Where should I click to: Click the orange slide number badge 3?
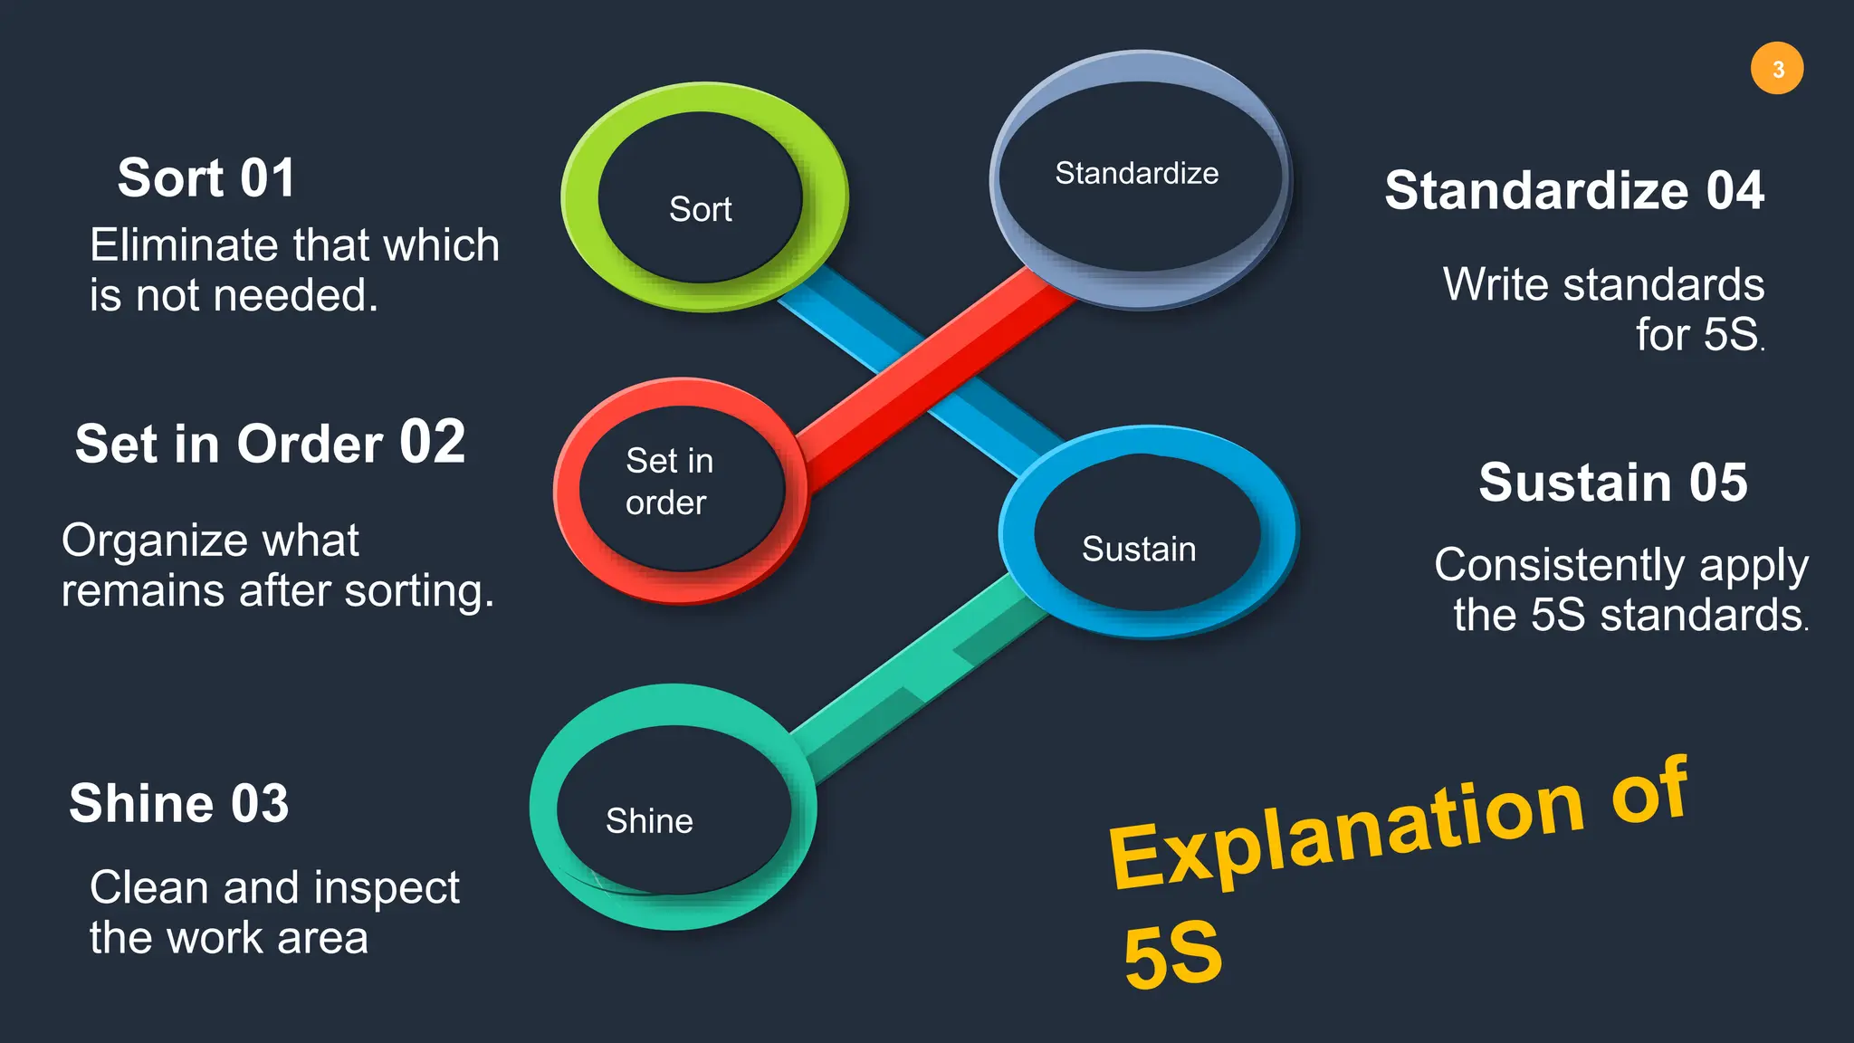(x=1776, y=69)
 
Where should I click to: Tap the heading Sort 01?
(x=206, y=177)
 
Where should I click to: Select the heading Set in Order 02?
(x=270, y=444)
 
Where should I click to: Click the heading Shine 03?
(x=179, y=803)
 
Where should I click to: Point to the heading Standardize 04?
(x=1573, y=191)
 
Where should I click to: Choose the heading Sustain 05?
(x=1612, y=482)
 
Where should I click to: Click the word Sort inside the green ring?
(x=700, y=209)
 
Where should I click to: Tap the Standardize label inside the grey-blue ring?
(x=1136, y=173)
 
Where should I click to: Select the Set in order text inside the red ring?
(x=668, y=482)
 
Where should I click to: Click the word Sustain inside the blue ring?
(x=1139, y=550)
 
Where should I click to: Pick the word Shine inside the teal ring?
(x=649, y=821)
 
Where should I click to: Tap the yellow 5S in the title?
(x=1172, y=955)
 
